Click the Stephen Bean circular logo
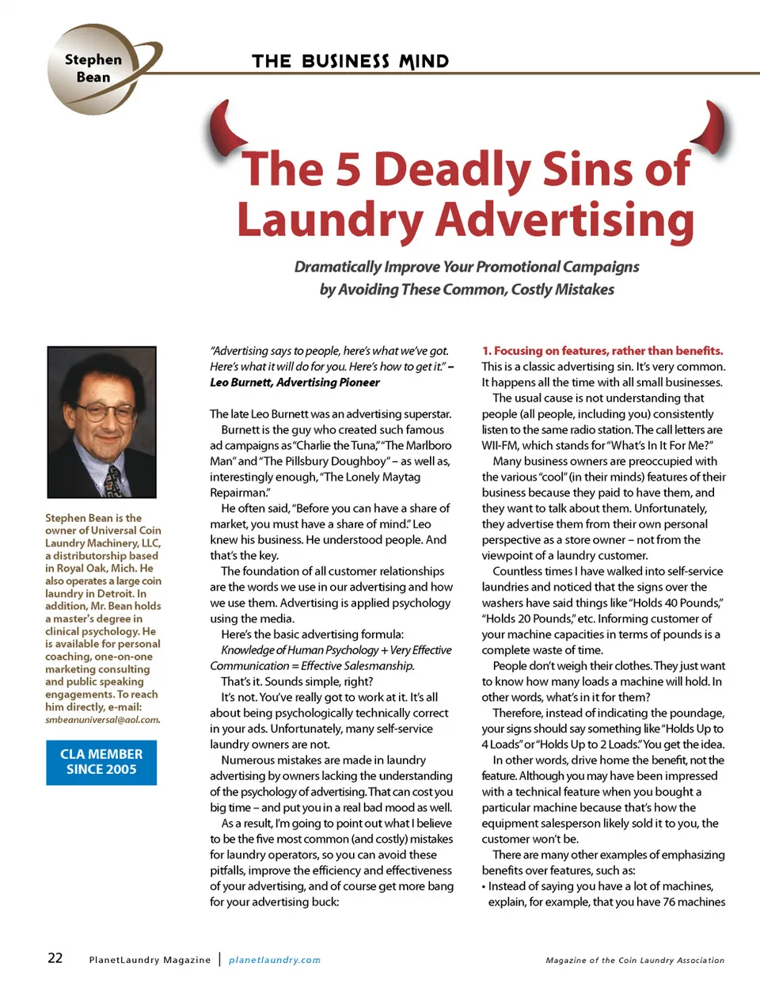[93, 69]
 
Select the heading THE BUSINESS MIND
[350, 61]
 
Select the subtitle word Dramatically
[338, 267]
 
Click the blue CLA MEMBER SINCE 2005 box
[101, 762]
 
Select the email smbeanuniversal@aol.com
[102, 720]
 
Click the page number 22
[55, 957]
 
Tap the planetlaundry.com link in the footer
[275, 960]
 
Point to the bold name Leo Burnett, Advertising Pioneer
[294, 383]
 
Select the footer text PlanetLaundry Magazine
[150, 960]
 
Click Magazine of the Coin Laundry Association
[635, 960]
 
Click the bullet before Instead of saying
[484, 886]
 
